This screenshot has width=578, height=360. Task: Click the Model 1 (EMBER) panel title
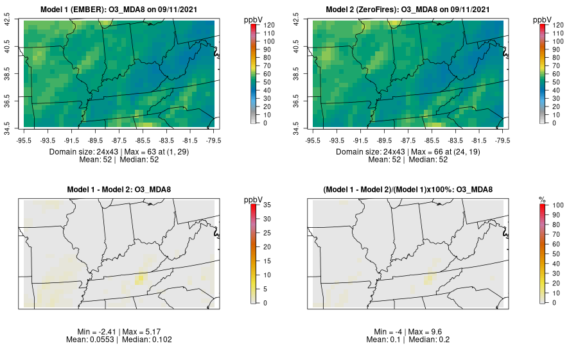pos(119,9)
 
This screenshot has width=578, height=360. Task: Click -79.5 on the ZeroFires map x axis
pos(502,140)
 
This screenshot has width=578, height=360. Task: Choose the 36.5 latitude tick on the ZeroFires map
pos(296,101)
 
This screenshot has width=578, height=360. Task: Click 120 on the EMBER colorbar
pos(269,24)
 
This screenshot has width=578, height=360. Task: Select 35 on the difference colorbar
pos(269,205)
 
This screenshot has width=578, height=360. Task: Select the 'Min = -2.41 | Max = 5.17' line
pos(119,331)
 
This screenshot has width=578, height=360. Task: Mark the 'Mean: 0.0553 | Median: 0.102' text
pos(119,339)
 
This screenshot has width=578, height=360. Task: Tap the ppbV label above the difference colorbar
pos(254,200)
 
